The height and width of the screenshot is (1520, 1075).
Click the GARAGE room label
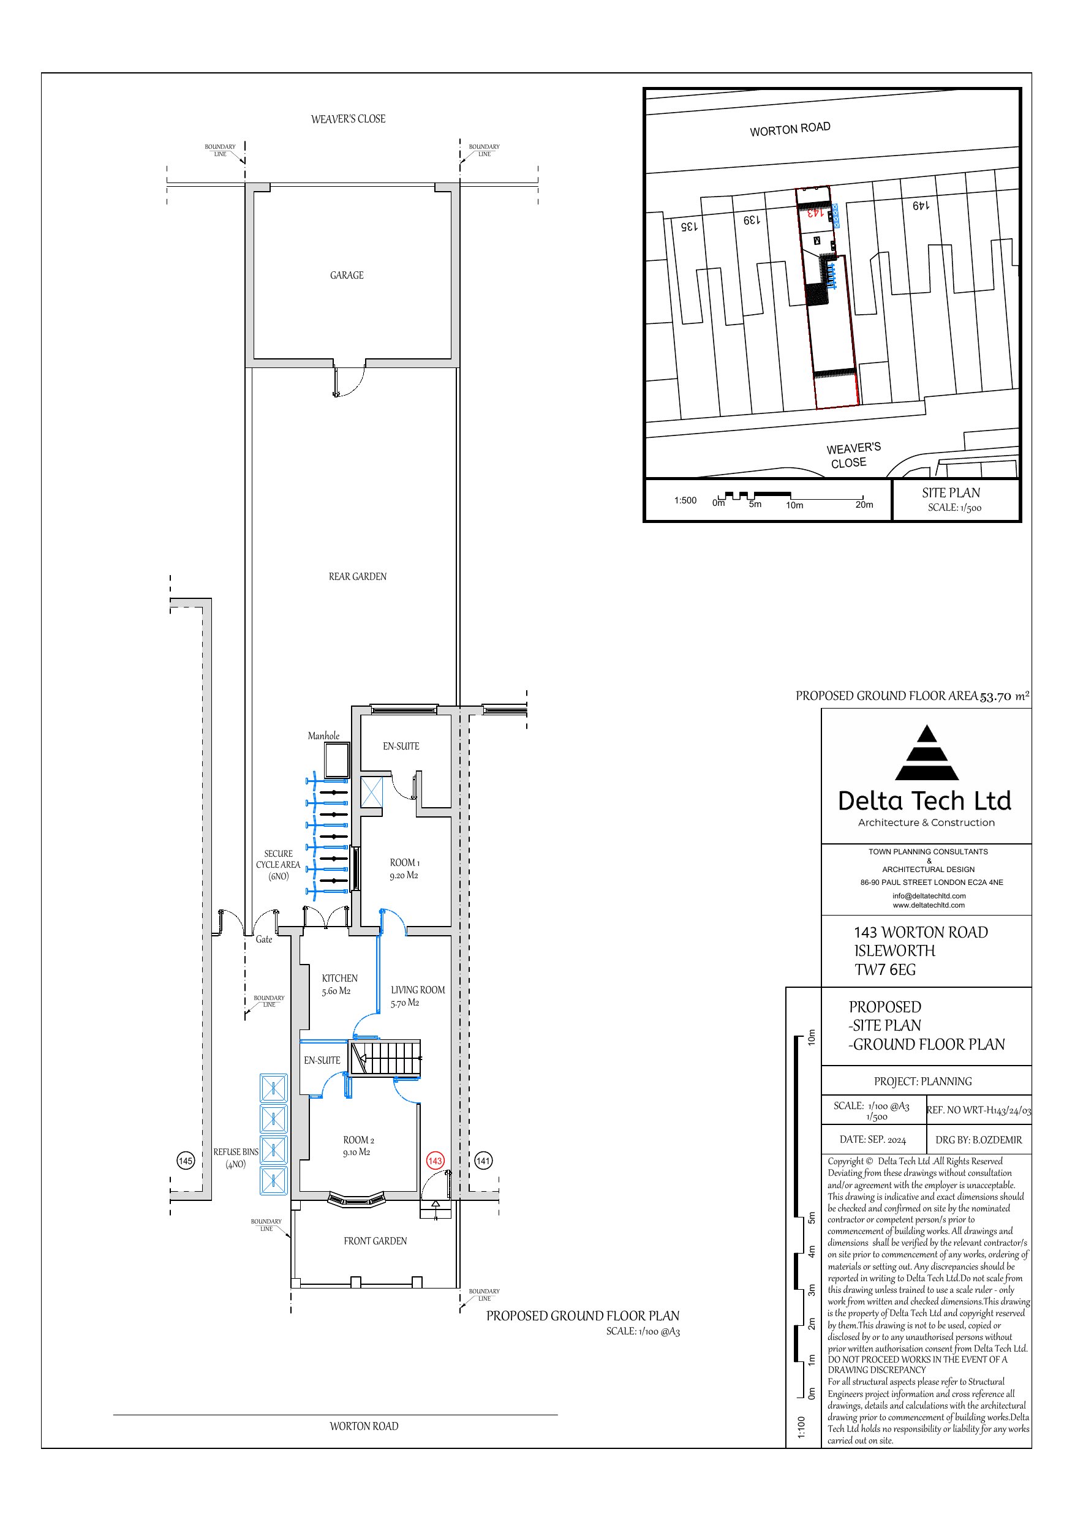(x=347, y=276)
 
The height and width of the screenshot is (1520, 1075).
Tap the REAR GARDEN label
(x=358, y=577)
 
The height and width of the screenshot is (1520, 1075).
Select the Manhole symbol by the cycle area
(x=336, y=760)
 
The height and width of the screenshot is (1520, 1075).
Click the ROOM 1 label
(x=405, y=863)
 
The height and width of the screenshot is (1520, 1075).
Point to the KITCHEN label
(x=340, y=978)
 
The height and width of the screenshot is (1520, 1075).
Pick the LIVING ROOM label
(x=418, y=990)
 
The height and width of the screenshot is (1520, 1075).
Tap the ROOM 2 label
(x=358, y=1140)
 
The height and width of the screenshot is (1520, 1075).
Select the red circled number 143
(x=435, y=1161)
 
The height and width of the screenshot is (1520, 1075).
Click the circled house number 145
(x=186, y=1161)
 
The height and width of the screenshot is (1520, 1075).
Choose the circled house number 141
(x=483, y=1161)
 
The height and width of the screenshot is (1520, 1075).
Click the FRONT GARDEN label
(x=375, y=1241)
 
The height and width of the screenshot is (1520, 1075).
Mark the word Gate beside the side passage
(x=263, y=939)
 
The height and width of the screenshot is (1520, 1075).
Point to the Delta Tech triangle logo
(x=927, y=753)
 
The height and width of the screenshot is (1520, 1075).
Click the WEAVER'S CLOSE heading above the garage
(x=349, y=119)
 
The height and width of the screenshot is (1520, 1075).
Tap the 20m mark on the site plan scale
(x=864, y=505)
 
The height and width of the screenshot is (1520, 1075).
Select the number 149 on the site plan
(x=921, y=206)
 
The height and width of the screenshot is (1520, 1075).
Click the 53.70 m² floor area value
(x=1005, y=696)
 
